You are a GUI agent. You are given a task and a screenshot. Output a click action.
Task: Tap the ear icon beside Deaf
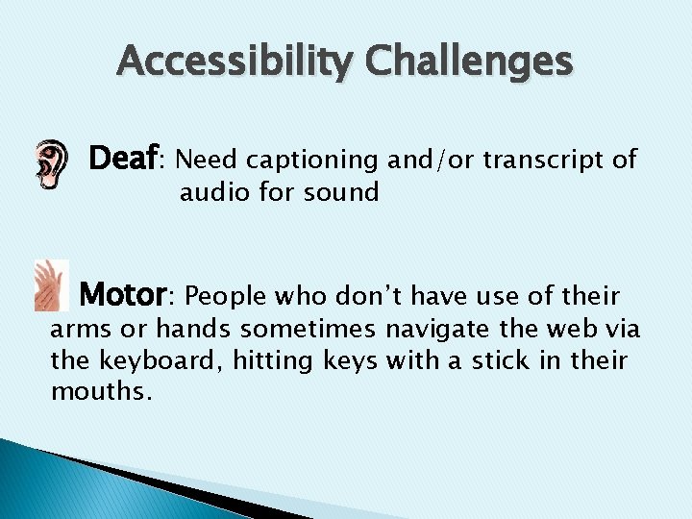coord(51,163)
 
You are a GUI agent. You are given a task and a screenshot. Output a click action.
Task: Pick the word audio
coord(212,192)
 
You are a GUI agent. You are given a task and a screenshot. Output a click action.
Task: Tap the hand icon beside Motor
coord(50,285)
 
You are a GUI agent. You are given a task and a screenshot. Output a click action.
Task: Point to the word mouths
coord(100,393)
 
